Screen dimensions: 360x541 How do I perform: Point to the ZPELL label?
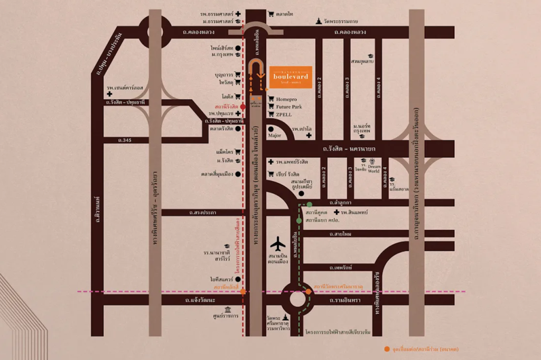pyautogui.click(x=284, y=114)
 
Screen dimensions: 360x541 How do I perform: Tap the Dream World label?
pyautogui.click(x=374, y=168)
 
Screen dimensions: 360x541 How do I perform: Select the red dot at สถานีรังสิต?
pyautogui.click(x=242, y=107)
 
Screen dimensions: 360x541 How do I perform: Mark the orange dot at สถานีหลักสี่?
pyautogui.click(x=242, y=291)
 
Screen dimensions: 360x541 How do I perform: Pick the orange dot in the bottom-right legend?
pyautogui.click(x=387, y=349)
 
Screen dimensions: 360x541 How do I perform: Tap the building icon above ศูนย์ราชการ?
pyautogui.click(x=228, y=309)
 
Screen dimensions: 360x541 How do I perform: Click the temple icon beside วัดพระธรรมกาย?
pyautogui.click(x=318, y=21)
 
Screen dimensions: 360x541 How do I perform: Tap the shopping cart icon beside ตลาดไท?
pyautogui.click(x=271, y=14)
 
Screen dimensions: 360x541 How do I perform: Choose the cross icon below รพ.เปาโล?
pyautogui.click(x=309, y=135)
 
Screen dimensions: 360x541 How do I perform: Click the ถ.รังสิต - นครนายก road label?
pyautogui.click(x=345, y=149)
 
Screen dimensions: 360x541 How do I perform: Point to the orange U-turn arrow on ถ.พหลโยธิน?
pyautogui.click(x=256, y=71)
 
